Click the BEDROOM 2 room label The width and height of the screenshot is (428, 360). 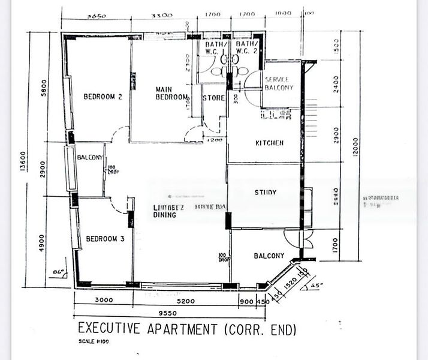(x=103, y=97)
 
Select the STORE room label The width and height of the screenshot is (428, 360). (x=213, y=98)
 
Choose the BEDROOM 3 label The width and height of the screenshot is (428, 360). (x=105, y=239)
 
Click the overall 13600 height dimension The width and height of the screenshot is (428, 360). (x=23, y=161)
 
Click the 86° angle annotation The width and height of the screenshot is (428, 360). (x=59, y=272)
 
